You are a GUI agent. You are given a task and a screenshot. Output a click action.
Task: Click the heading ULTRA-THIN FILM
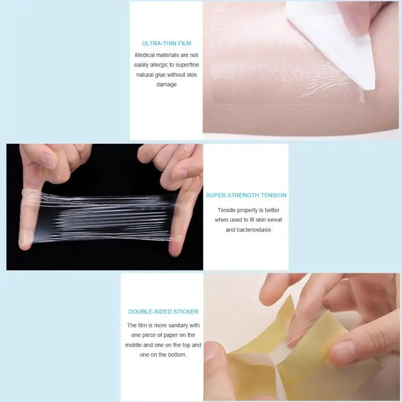point(167,43)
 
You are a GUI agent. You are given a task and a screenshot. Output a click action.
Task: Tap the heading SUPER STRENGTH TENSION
point(246,195)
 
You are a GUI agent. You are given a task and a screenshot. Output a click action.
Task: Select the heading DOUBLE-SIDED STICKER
point(163,312)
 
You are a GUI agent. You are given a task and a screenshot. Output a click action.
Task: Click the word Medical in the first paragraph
point(145,55)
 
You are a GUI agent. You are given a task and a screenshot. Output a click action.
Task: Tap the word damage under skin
point(166,84)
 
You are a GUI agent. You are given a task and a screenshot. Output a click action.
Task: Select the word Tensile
point(227,210)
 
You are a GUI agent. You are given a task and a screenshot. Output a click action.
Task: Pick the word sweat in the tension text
point(274,220)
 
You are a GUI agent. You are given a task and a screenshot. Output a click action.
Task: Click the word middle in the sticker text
point(133,345)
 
